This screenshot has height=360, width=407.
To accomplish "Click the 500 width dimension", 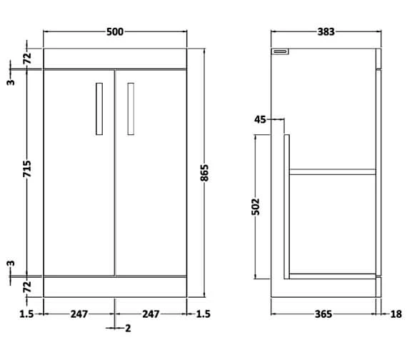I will click(x=115, y=31).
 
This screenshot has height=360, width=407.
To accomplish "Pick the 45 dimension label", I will click(x=259, y=120).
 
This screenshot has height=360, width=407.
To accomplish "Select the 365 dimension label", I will click(x=324, y=314).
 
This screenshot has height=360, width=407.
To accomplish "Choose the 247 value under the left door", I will click(x=79, y=314).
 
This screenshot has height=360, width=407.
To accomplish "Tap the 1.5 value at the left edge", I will click(x=26, y=314).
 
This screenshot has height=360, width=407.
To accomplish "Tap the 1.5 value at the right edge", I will click(x=203, y=314).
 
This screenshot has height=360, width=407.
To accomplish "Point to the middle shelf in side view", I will click(x=332, y=171).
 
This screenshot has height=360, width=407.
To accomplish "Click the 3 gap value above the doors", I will click(x=11, y=81).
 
